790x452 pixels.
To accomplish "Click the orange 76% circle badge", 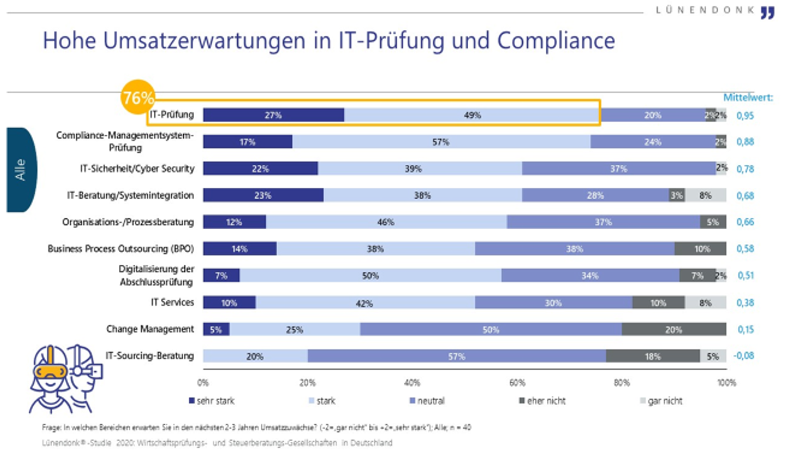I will coord(138,98).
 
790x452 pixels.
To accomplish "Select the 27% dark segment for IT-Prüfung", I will coord(274,115).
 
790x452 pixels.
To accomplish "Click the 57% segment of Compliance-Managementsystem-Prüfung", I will coord(441,142).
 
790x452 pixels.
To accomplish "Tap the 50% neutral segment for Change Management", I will coord(490,329).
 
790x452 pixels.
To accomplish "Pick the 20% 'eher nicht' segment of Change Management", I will coord(674,329).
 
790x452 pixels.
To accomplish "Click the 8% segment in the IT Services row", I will coord(705,302).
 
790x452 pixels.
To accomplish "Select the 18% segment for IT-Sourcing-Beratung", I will coord(652,357).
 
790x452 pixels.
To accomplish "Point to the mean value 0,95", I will coord(745,116).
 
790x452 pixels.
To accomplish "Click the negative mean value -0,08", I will coord(744,356).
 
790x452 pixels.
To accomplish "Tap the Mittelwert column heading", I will coord(748,97).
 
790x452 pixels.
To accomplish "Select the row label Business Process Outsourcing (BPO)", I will coord(121,249).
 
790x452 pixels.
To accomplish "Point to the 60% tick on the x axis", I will coord(517,383).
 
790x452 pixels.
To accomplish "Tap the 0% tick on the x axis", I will coord(203,383).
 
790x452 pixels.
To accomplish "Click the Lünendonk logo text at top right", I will coord(706,11).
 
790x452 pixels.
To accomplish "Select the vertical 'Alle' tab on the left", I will coord(21,169).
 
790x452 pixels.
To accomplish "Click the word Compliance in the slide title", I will coord(556,41).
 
